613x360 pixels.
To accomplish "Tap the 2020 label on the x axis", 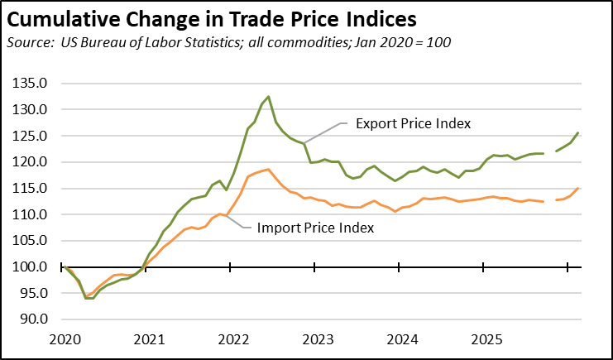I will pos(64,339).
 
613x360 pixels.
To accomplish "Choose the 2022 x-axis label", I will pos(232,339).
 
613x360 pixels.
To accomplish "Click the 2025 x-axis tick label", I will pos(486,339).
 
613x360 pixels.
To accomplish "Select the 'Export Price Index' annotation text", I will pos(413,123).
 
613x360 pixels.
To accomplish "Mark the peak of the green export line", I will pos(269,97).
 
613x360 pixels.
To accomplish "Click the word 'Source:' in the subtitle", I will pos(30,41).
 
